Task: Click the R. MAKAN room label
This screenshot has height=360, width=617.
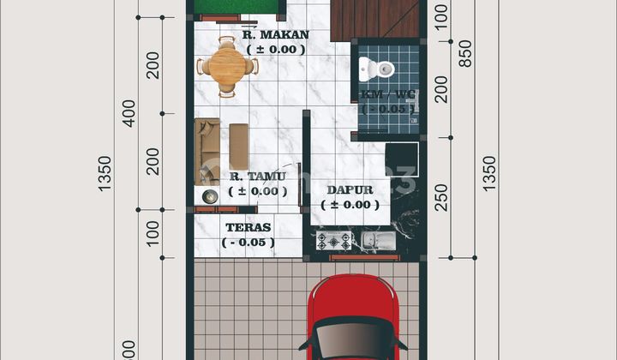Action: point(275,35)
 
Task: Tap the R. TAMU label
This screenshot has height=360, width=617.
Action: point(257,177)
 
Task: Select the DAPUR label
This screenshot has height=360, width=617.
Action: point(350,189)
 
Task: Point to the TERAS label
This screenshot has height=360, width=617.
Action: point(248,227)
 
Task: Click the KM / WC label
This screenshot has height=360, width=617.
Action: point(387,94)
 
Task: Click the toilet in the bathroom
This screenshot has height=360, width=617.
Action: point(374,67)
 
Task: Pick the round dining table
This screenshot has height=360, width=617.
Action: point(226,65)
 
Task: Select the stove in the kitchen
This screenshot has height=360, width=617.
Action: point(333,241)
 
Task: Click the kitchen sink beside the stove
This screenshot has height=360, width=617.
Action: point(377,240)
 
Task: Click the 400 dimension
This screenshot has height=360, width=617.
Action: point(129,112)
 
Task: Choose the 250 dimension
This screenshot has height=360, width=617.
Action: point(440,196)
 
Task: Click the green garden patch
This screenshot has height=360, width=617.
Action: point(237,8)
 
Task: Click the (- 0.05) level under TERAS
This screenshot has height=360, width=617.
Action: point(248,243)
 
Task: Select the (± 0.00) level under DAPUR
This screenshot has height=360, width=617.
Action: point(350,205)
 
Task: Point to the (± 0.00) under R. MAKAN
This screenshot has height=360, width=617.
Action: point(275,50)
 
